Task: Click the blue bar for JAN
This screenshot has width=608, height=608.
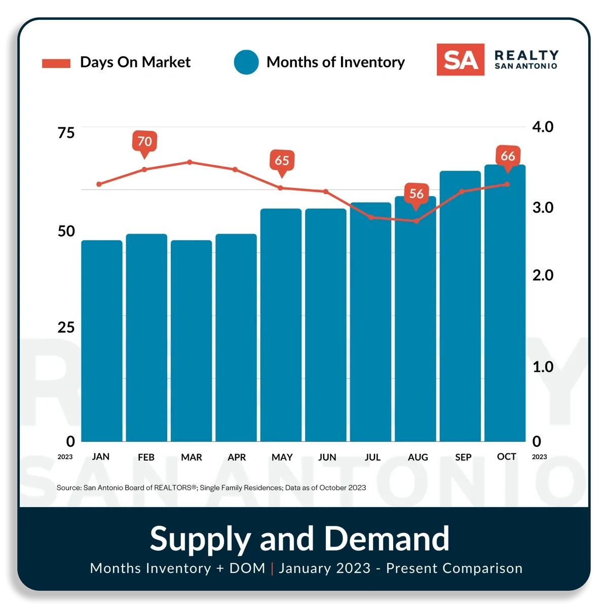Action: [x=102, y=341]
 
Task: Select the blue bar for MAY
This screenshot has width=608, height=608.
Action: [x=281, y=325]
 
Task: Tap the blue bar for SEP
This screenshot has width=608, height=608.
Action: [x=460, y=306]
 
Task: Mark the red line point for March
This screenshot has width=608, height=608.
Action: [x=189, y=162]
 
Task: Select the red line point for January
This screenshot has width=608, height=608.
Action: [x=99, y=184]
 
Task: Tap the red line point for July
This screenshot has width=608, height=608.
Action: [x=371, y=217]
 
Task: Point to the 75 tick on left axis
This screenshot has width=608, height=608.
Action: [x=66, y=133]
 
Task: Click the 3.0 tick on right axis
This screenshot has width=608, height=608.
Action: [x=543, y=208]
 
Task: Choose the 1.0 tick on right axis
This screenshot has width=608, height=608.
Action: [x=543, y=367]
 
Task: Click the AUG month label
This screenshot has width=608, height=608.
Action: [x=417, y=457]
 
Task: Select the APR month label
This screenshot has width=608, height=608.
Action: [x=237, y=457]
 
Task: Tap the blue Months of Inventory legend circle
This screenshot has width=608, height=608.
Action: [x=246, y=62]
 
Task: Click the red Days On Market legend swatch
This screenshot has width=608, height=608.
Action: [x=56, y=63]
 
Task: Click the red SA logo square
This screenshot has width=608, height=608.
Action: [x=461, y=60]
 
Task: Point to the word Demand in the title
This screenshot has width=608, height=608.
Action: [x=387, y=539]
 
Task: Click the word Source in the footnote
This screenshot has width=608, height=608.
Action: [x=69, y=488]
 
